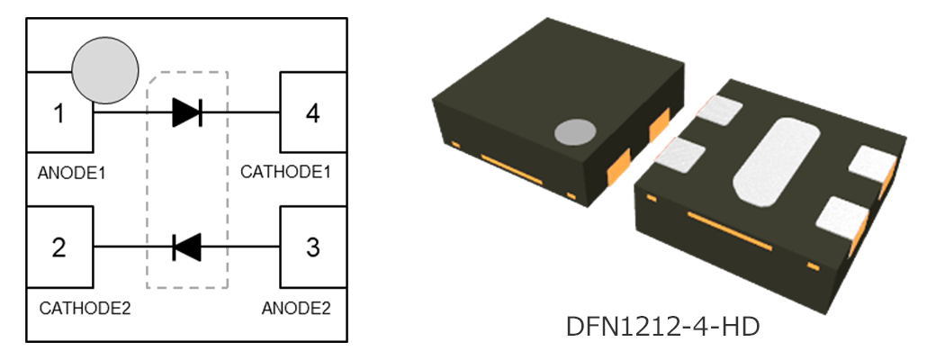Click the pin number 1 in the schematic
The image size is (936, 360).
(x=58, y=114)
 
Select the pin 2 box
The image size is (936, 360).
(x=59, y=247)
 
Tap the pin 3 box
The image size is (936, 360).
(x=313, y=247)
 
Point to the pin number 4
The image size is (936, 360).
(x=312, y=114)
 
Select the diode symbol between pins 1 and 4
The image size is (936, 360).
(x=187, y=112)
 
